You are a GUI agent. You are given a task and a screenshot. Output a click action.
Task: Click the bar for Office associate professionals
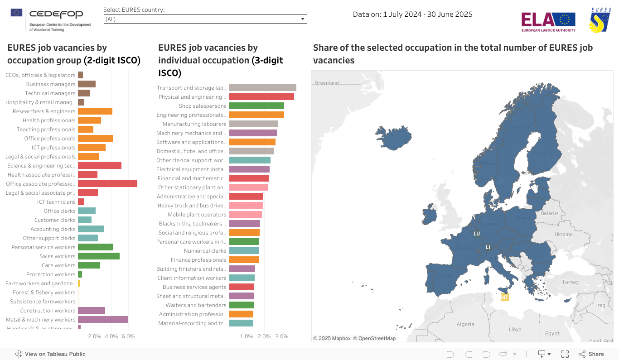pos(107,184)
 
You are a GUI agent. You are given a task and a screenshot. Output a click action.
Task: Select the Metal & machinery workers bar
pos(102,320)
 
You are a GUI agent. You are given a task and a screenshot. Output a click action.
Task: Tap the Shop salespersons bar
pos(256,106)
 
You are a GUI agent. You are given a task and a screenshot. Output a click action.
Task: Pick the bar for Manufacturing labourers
pos(253,124)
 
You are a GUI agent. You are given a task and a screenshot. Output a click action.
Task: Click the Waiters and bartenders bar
pos(241,305)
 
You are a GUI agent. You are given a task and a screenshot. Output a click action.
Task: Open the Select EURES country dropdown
pos(205,19)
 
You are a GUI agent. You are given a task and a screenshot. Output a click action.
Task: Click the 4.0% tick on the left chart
pos(111,336)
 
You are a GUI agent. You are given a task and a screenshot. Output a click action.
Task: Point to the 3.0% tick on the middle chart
pos(282,336)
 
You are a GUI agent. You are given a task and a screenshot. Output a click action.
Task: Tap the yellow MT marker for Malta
pos(504,298)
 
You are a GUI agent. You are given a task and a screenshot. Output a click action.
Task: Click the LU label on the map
pos(476,234)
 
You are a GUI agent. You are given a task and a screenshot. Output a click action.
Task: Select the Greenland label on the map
pos(327,83)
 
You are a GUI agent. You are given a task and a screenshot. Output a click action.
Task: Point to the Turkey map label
pos(570,282)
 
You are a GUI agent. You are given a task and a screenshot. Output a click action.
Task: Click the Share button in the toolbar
pos(591,354)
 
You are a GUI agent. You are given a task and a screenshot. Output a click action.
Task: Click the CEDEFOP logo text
pos(56,14)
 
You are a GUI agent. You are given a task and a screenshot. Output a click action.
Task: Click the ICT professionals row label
pos(53,148)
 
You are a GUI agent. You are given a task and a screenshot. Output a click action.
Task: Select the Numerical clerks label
pos(205,251)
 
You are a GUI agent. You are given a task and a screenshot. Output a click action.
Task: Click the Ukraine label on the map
pos(564,235)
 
